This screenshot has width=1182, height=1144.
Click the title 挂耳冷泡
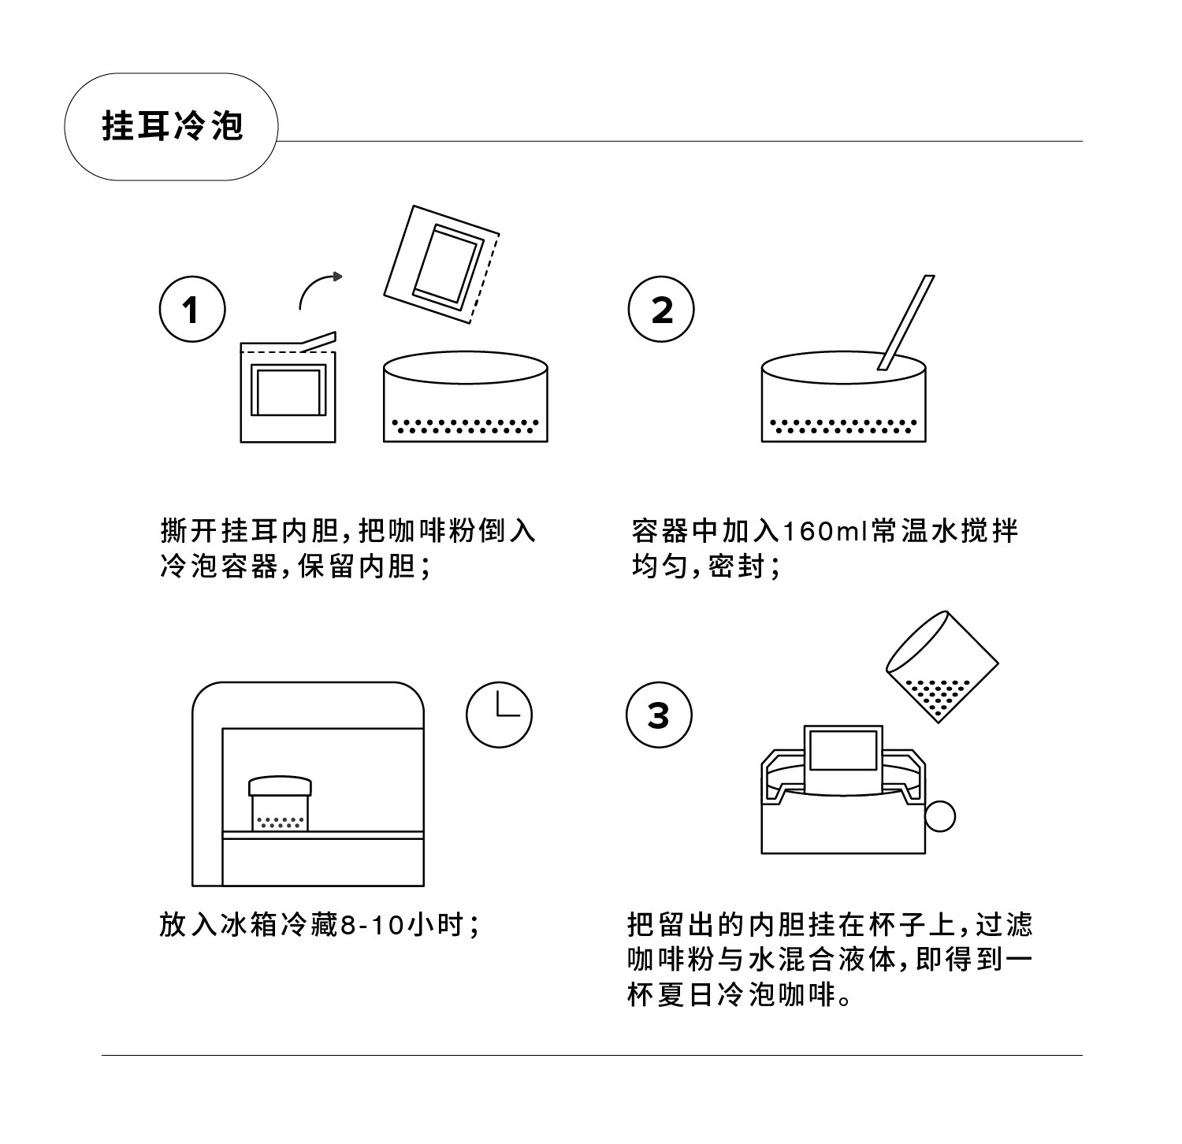[x=172, y=126]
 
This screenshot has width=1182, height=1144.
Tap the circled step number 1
[x=192, y=309]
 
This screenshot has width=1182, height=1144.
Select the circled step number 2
[x=661, y=309]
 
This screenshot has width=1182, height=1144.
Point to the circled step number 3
[x=658, y=715]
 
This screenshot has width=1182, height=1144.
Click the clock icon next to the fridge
[x=499, y=715]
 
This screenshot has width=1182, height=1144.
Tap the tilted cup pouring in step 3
[x=942, y=666]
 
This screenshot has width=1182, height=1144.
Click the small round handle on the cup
[x=939, y=816]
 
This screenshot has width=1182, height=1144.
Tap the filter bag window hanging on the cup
[x=843, y=750]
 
